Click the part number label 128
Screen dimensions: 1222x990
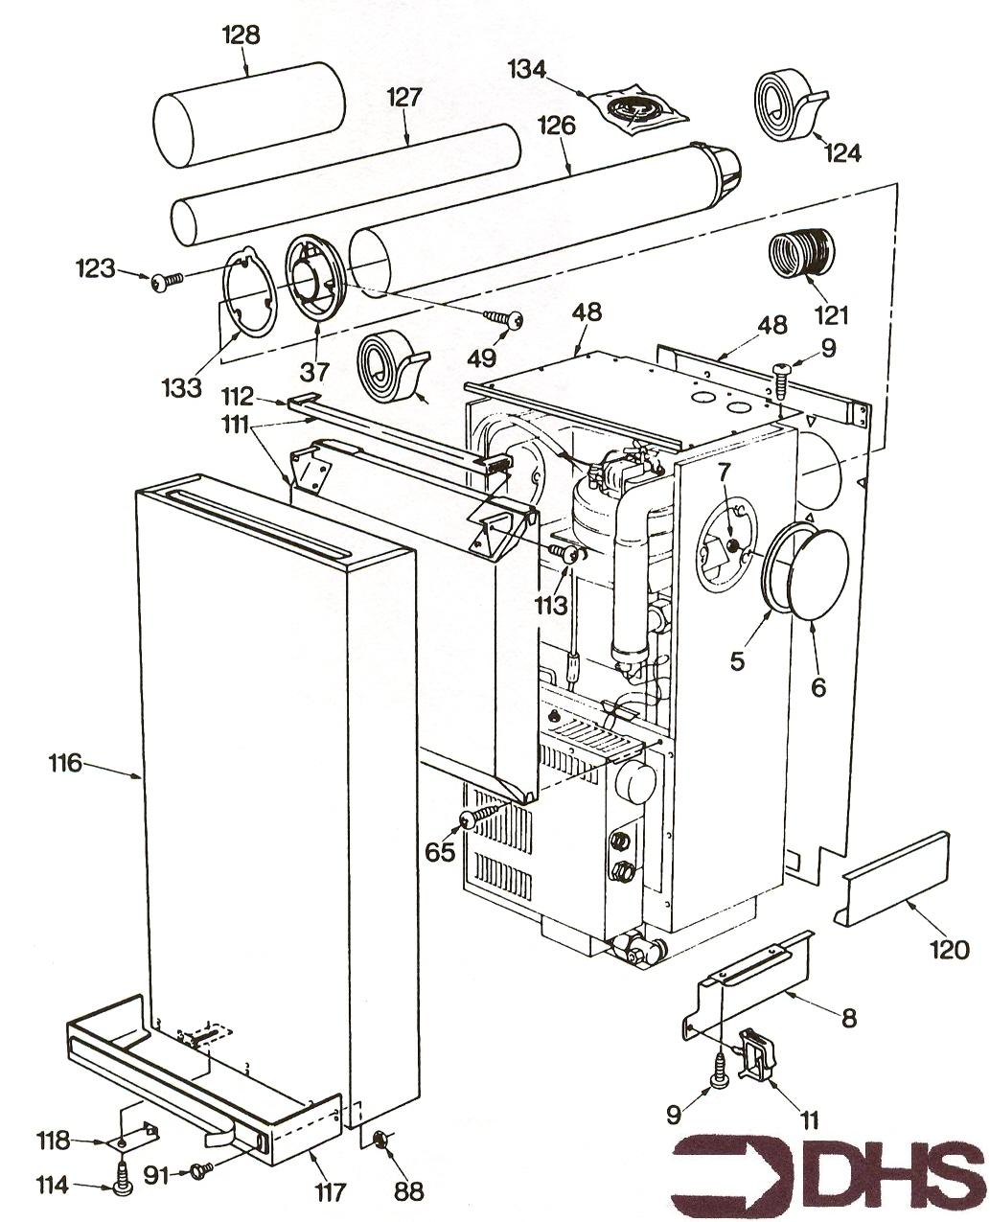pyautogui.click(x=240, y=35)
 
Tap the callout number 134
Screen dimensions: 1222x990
pyautogui.click(x=526, y=69)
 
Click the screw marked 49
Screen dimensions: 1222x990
pyautogui.click(x=507, y=319)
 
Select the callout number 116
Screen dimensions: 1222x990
pyautogui.click(x=67, y=764)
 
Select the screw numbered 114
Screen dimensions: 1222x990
pyautogui.click(x=122, y=1180)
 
